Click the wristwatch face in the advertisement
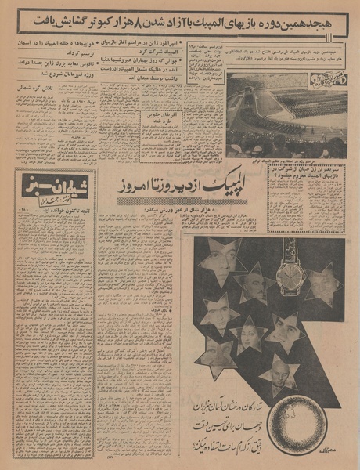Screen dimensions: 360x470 click(290, 277)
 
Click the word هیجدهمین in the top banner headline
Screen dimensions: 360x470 click(315, 18)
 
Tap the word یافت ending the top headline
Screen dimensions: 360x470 click(35, 18)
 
